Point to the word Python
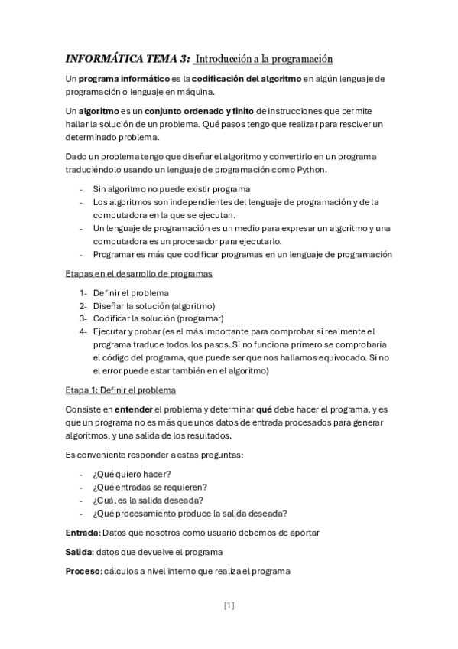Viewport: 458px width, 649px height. [310, 169]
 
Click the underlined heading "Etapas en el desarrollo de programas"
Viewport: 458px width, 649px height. [139, 273]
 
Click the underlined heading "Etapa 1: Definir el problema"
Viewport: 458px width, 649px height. [121, 390]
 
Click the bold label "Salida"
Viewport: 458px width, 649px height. [79, 551]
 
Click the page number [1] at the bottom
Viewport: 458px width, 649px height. [229, 605]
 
